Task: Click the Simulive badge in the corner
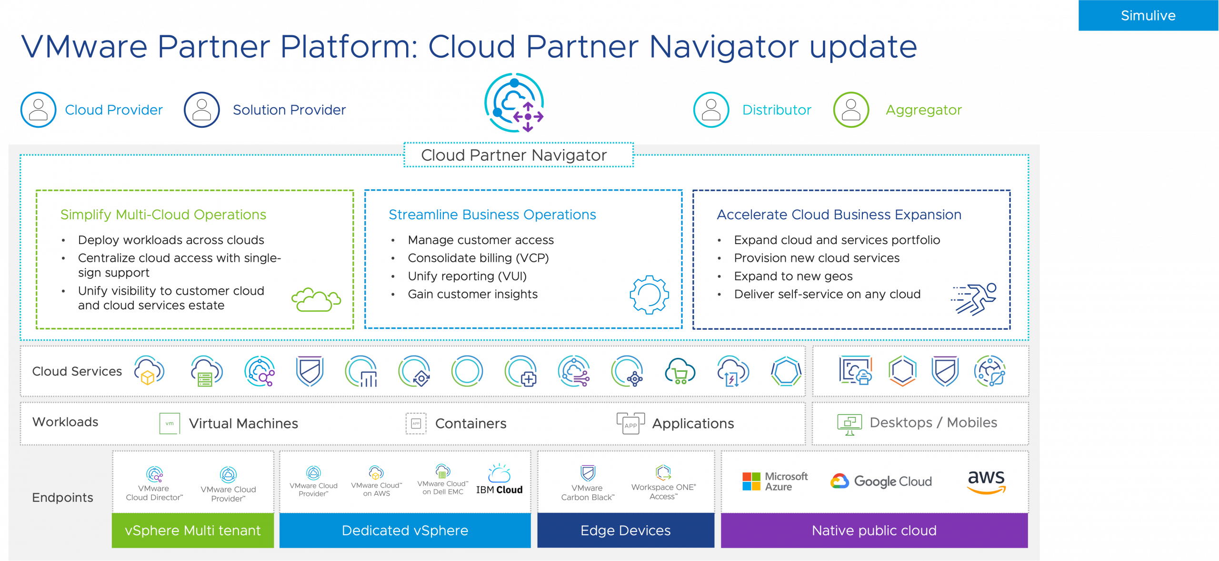[1148, 15]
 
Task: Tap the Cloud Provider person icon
[39, 110]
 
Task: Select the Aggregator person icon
[851, 110]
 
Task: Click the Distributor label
[777, 110]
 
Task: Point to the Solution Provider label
[289, 110]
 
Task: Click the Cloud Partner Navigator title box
[519, 155]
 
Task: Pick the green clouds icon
[316, 300]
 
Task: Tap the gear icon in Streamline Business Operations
[649, 295]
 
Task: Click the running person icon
[974, 299]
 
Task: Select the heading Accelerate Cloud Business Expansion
[839, 214]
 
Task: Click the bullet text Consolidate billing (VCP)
[478, 258]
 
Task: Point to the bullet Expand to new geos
[793, 276]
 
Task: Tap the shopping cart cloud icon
[679, 372]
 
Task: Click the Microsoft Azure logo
[775, 481]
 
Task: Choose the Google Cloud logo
[881, 481]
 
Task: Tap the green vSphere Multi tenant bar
[193, 530]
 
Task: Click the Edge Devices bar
[626, 530]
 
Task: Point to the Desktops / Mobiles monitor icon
[849, 424]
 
